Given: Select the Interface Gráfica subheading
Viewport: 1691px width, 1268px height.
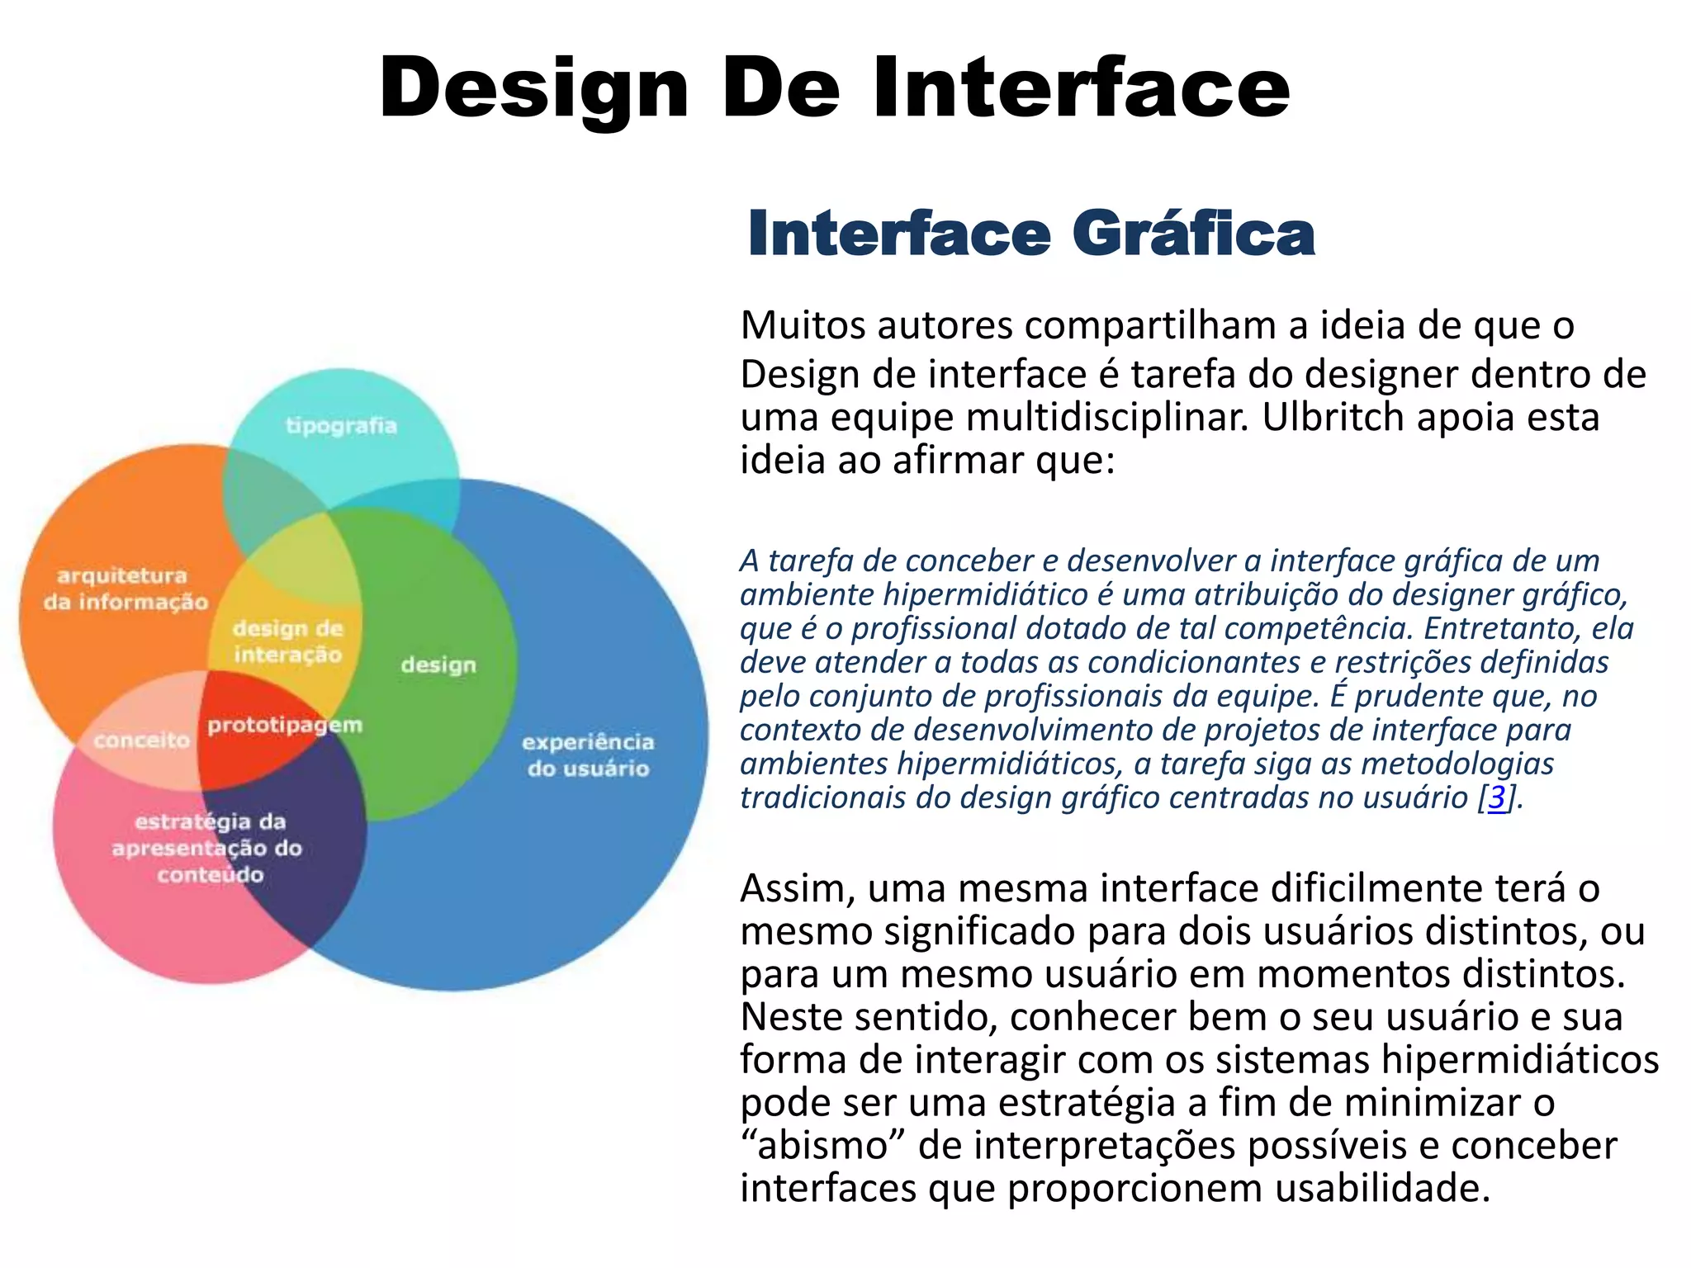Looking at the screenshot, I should (x=1030, y=234).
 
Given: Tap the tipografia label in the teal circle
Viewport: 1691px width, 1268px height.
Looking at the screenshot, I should (x=341, y=426).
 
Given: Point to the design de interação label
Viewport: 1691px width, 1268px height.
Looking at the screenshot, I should (x=287, y=641).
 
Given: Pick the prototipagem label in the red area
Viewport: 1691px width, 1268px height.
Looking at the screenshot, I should (x=284, y=725).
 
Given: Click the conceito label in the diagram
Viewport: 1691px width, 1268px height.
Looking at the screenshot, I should (x=141, y=740).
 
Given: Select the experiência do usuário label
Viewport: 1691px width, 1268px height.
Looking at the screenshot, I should (x=588, y=755).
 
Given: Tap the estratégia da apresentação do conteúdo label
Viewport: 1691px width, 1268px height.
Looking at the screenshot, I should (x=208, y=848).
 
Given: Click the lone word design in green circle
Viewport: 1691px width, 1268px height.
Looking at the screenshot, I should (x=438, y=665).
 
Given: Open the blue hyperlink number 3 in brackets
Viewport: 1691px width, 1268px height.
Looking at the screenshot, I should (x=1497, y=797).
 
